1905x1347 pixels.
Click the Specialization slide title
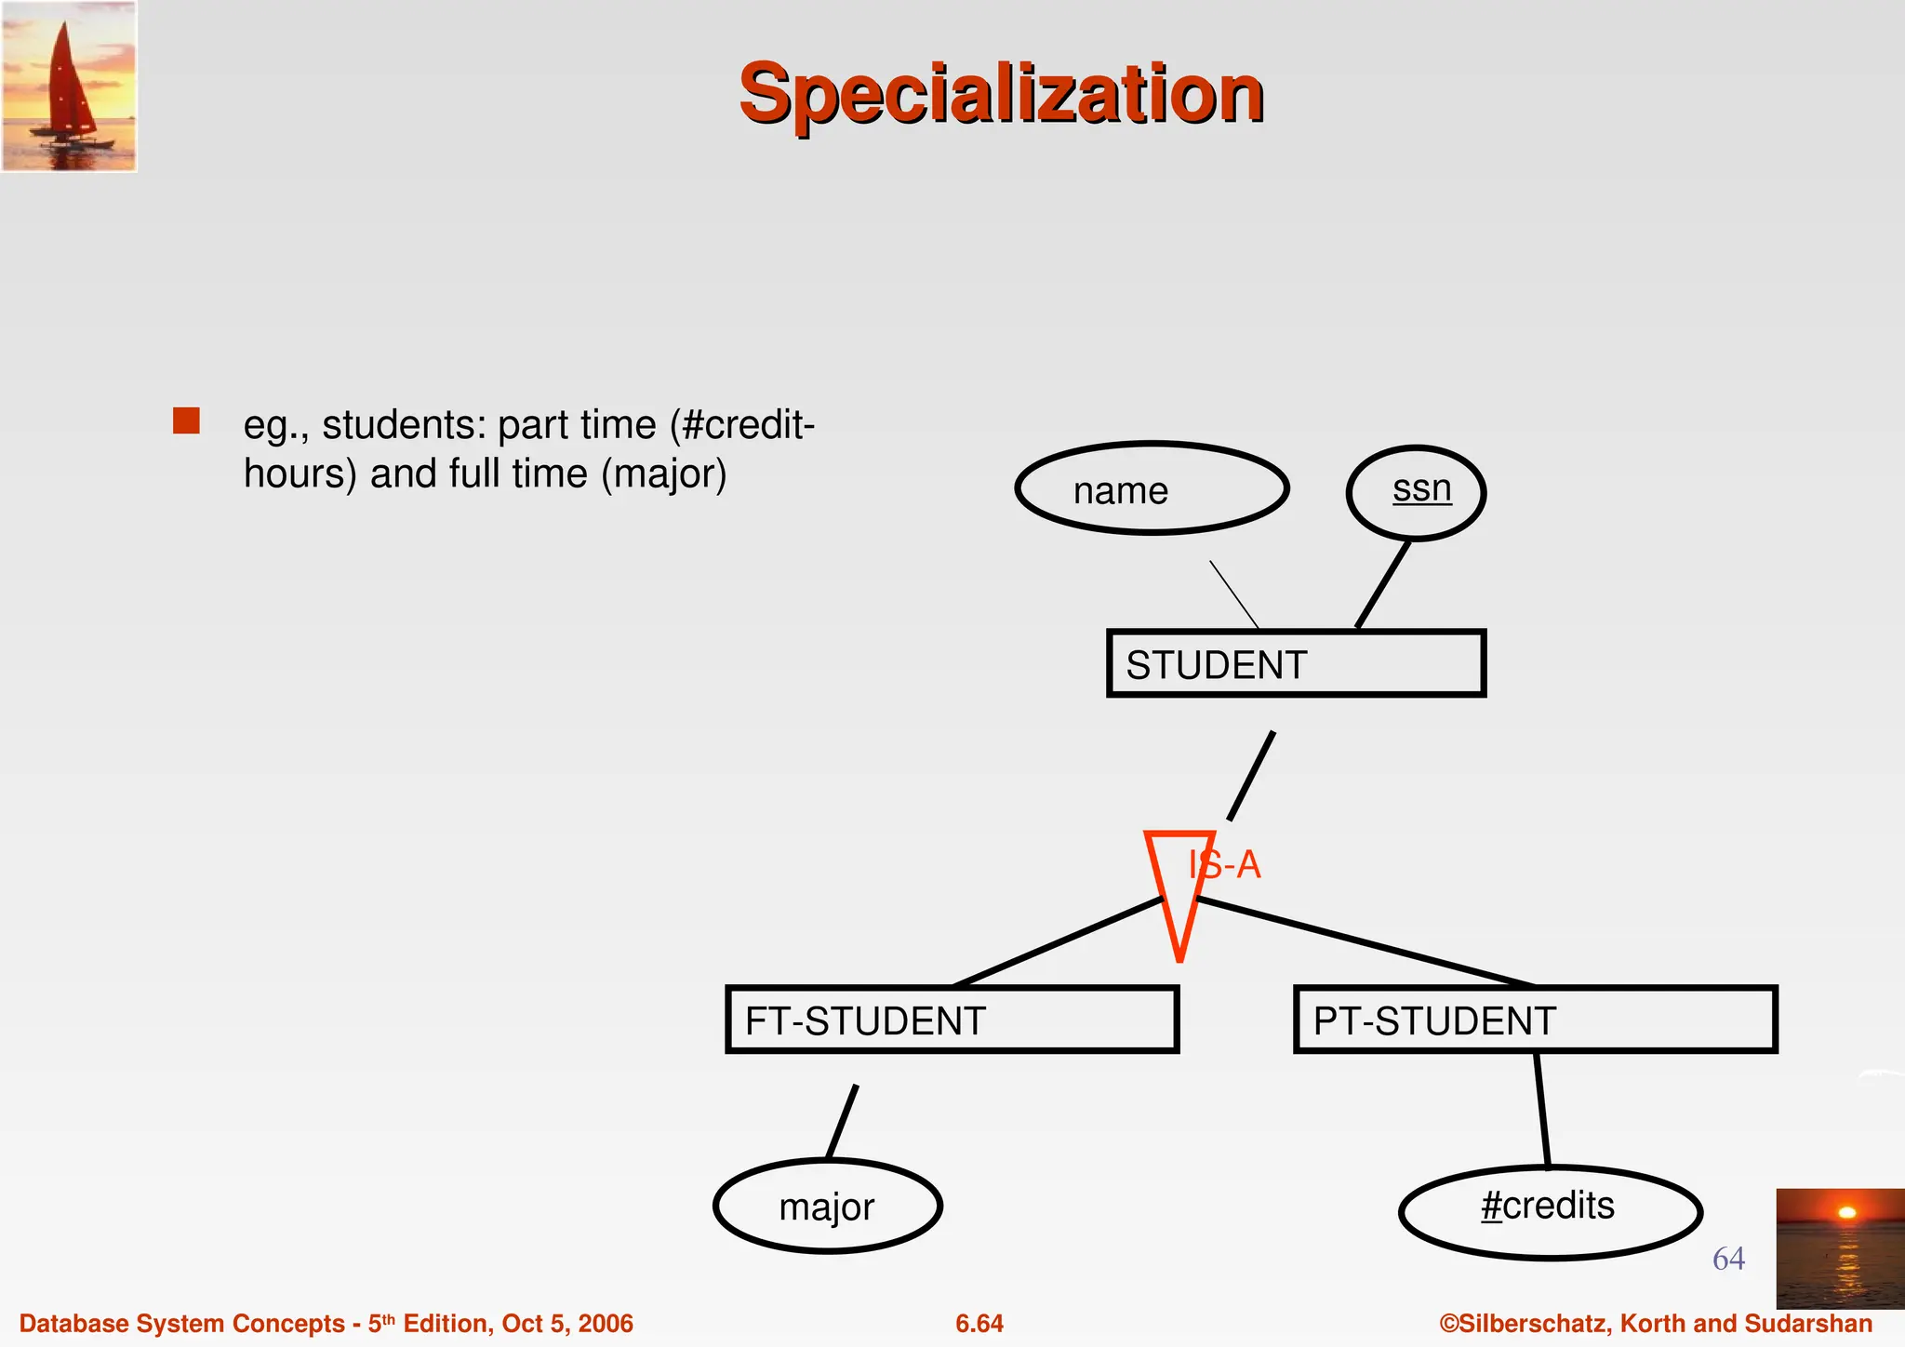(1001, 93)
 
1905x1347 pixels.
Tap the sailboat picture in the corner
(69, 86)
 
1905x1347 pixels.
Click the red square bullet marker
(186, 420)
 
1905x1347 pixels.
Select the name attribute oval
(1152, 488)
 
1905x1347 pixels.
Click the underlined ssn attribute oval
(1416, 492)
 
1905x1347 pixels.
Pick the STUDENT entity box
(1296, 663)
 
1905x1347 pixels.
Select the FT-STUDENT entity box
(952, 1020)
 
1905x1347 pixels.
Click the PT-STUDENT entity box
(1535, 1020)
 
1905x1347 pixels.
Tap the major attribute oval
(827, 1206)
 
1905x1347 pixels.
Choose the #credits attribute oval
(1550, 1211)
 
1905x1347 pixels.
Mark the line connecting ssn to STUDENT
(1382, 584)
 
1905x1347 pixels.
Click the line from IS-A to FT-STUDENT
(1057, 941)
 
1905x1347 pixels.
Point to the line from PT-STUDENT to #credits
(1541, 1109)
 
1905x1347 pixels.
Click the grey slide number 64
(1728, 1259)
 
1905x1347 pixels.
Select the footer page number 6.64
(979, 1324)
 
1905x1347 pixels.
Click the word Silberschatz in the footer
(1534, 1324)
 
